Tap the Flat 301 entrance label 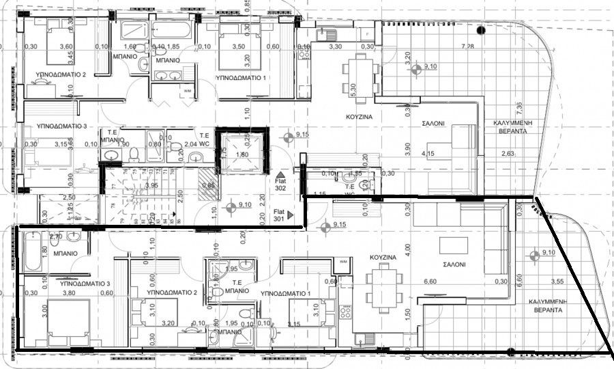280,215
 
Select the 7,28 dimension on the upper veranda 468,46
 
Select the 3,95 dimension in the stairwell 151,186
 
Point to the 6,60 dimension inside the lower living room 430,281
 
